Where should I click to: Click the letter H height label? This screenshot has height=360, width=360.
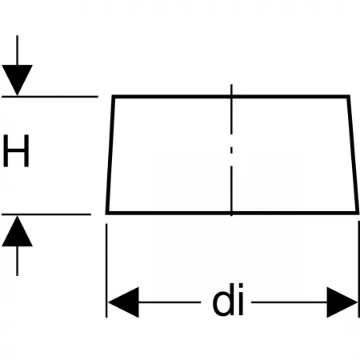click(x=16, y=150)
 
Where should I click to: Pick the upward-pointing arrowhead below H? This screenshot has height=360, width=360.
click(x=17, y=231)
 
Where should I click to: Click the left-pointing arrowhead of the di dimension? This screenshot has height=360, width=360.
click(x=123, y=302)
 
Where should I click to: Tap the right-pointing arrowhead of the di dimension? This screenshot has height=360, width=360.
click(x=342, y=302)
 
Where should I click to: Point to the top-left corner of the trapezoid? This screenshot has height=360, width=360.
click(x=113, y=96)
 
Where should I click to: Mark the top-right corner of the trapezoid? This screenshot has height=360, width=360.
click(x=349, y=96)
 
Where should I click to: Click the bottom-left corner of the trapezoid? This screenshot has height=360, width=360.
click(x=106, y=213)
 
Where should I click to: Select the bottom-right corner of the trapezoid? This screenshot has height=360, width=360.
click(x=358, y=213)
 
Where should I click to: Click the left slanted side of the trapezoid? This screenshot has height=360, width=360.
click(x=110, y=154)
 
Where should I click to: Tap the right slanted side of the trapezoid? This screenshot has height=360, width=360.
click(x=353, y=154)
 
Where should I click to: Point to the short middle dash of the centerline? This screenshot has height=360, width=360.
click(x=231, y=150)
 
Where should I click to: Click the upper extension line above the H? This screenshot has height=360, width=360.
click(x=50, y=96)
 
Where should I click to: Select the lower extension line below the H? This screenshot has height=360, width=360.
click(x=46, y=214)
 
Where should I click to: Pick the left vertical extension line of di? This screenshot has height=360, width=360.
click(x=106, y=270)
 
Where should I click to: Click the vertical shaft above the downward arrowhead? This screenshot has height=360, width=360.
click(x=17, y=50)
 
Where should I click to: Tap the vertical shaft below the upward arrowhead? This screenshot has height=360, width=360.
click(x=17, y=261)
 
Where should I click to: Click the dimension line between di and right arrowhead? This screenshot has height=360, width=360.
click(x=290, y=302)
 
